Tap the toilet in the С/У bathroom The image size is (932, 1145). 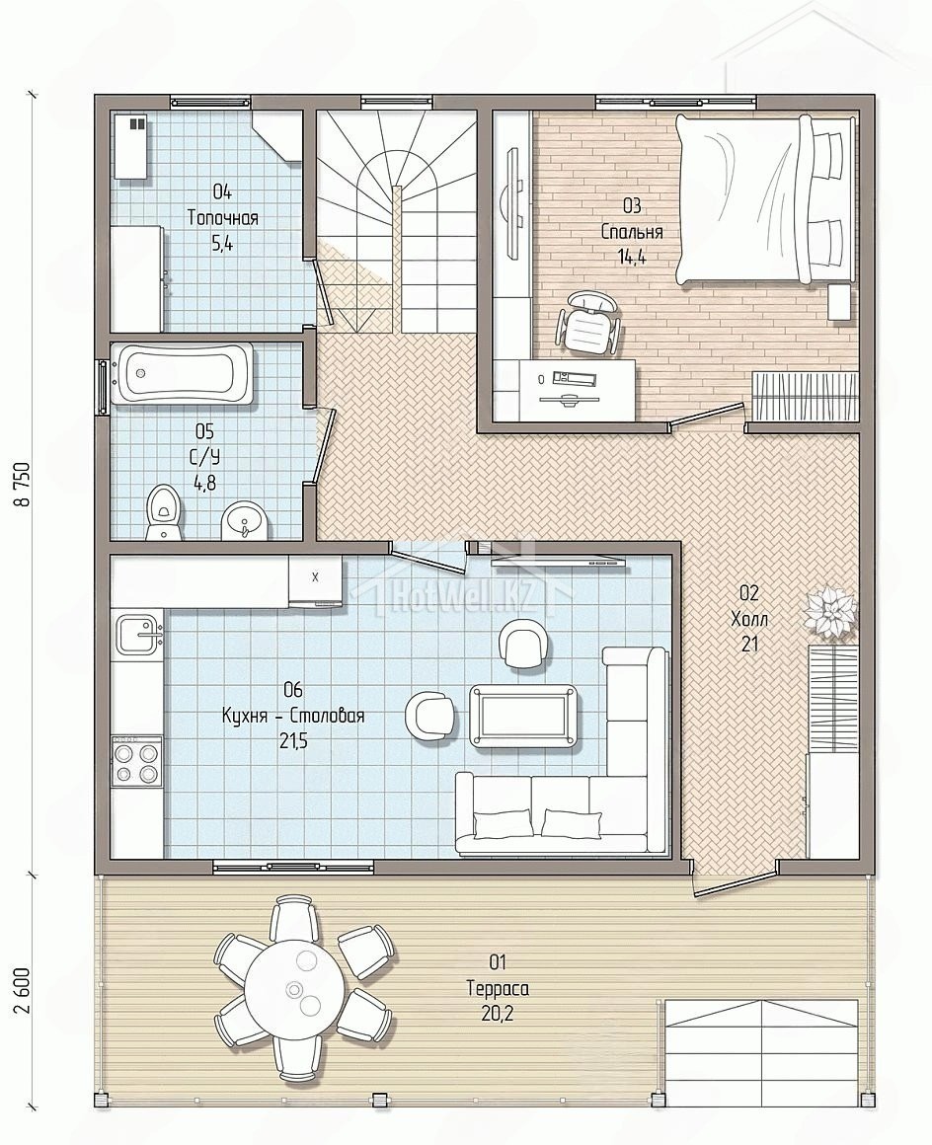coord(161,511)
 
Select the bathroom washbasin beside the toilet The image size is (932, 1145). coord(243,520)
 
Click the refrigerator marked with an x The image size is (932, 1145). coord(315,580)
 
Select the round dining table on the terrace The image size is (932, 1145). coord(293,989)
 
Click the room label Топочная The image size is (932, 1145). coord(223,217)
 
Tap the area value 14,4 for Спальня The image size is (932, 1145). coord(632,257)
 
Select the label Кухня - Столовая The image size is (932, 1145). coord(293,716)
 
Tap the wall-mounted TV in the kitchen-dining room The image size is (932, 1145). coord(560,562)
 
